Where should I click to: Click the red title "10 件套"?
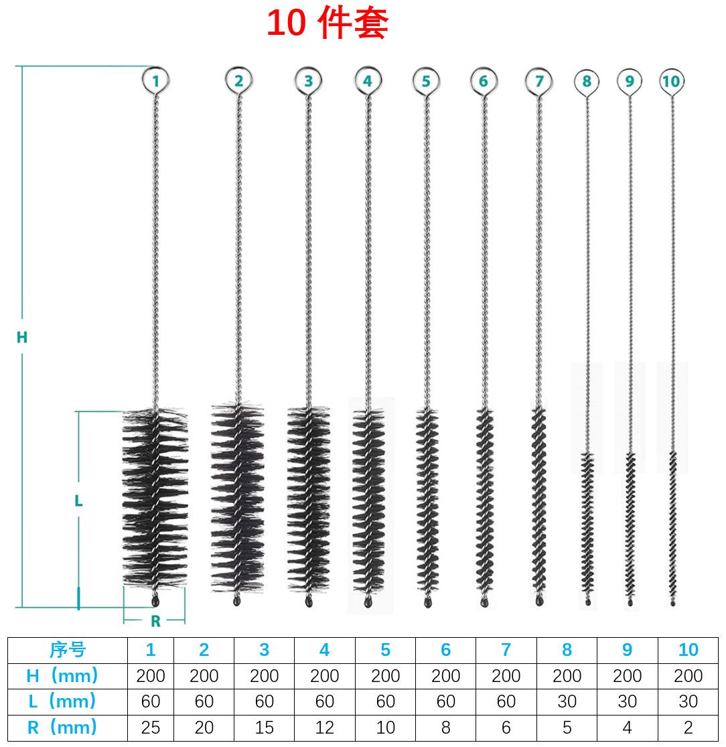click(x=328, y=23)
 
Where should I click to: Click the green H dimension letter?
click(x=22, y=337)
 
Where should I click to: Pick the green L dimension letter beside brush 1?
click(x=78, y=500)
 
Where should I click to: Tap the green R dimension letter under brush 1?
click(x=156, y=621)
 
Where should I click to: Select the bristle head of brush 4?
click(x=368, y=501)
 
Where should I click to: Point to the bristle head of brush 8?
click(x=587, y=523)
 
